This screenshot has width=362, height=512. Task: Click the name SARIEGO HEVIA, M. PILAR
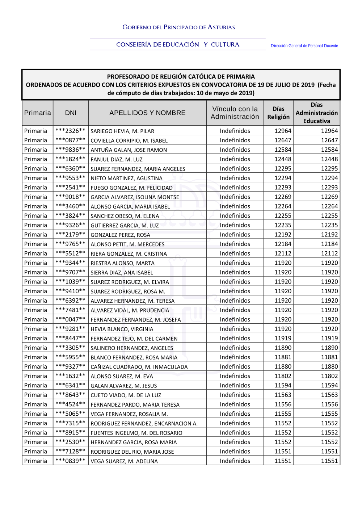click(122, 131)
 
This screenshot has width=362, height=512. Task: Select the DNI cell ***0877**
click(71, 140)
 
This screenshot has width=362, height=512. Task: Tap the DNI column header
click(71, 113)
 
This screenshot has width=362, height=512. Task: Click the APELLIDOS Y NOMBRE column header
click(147, 113)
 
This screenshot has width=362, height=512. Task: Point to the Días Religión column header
click(278, 113)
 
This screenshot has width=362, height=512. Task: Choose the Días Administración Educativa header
click(317, 113)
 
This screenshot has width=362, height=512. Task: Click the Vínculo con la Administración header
click(235, 113)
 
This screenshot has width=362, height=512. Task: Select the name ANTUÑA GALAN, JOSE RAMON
click(129, 150)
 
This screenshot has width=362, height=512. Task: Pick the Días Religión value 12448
click(283, 159)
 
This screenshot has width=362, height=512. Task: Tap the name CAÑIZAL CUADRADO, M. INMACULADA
click(139, 367)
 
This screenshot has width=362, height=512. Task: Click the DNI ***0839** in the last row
click(71, 461)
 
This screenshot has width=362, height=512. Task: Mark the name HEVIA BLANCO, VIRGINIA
click(122, 329)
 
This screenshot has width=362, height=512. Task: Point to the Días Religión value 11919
click(283, 338)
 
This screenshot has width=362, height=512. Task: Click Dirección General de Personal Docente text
click(304, 46)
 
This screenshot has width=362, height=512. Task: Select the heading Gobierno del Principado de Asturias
click(179, 27)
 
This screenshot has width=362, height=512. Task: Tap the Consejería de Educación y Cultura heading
click(178, 45)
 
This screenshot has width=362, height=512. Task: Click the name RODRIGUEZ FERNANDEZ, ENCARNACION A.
click(144, 423)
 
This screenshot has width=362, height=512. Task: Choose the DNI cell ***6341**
click(71, 385)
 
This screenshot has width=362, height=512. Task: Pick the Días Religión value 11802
click(283, 376)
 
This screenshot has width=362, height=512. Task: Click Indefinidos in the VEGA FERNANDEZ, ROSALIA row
click(235, 414)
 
